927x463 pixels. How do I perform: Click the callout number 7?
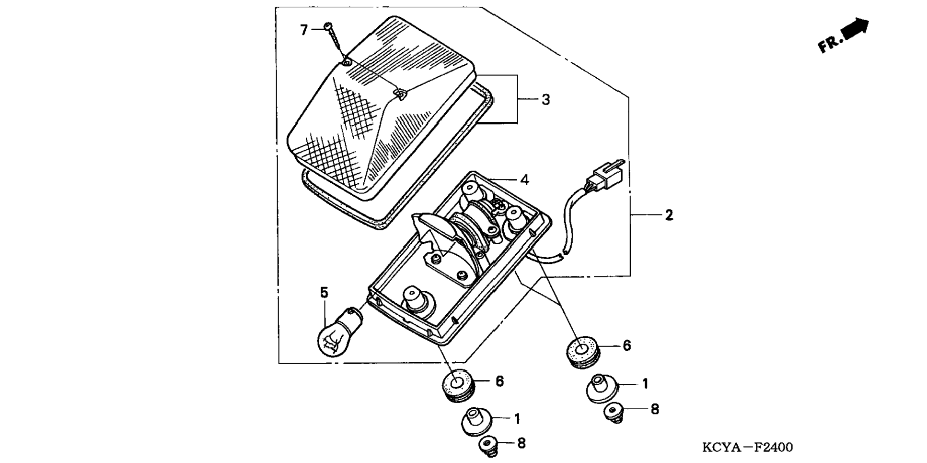coord(304,30)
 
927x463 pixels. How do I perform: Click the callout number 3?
coord(545,100)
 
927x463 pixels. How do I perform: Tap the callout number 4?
coord(525,180)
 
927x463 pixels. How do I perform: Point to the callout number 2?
coord(669,215)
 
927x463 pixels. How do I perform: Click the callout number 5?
coord(324,292)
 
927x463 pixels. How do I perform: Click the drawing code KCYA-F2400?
coord(747,448)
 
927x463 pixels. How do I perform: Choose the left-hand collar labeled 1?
coord(476,420)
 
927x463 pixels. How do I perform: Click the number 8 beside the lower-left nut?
coord(521,444)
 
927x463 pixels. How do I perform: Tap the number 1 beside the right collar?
coord(645,384)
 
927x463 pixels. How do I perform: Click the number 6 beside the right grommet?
coord(626,346)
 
